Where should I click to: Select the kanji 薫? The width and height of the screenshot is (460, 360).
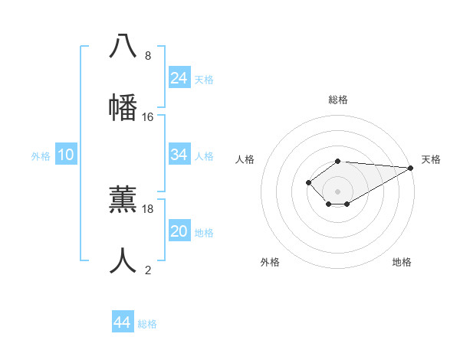(123, 198)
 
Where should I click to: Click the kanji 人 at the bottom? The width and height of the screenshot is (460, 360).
(123, 260)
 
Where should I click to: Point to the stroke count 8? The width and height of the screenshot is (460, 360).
(148, 56)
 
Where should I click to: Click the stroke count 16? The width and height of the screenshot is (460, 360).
(148, 117)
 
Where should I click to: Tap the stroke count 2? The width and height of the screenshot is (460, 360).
(148, 270)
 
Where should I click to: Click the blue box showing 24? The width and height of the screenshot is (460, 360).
(179, 78)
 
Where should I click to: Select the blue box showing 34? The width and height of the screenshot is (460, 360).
(179, 155)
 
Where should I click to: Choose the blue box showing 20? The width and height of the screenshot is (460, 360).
(179, 231)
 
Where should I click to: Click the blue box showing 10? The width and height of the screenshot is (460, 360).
(66, 155)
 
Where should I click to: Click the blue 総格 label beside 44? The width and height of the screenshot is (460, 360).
(147, 324)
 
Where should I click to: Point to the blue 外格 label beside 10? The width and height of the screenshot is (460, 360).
(41, 156)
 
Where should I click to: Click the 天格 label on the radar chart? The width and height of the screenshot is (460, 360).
(431, 159)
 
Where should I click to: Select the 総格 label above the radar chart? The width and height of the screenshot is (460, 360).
(338, 100)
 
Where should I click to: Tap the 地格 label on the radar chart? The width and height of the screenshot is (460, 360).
(402, 262)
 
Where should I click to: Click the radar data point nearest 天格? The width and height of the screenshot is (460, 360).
(411, 168)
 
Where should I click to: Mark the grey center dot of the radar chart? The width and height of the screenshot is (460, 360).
(338, 191)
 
